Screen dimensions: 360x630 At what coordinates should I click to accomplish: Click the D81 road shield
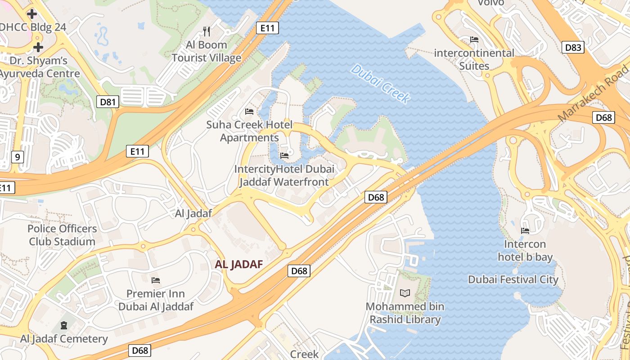click(108, 102)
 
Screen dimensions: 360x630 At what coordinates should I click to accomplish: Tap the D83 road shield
click(573, 47)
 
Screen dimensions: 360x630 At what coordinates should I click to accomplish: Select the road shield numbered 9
click(17, 157)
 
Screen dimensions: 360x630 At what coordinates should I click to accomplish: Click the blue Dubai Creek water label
click(380, 84)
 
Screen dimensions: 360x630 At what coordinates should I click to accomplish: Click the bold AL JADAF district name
click(238, 264)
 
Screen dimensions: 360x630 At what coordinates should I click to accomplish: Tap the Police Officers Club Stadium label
click(62, 235)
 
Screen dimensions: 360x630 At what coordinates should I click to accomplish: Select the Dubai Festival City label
click(513, 279)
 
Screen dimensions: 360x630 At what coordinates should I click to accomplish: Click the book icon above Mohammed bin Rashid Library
click(405, 293)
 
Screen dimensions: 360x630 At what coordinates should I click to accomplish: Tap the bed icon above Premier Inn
click(156, 280)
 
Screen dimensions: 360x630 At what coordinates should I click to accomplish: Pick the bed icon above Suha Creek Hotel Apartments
click(249, 111)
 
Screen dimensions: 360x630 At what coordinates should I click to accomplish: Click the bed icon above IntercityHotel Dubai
click(284, 156)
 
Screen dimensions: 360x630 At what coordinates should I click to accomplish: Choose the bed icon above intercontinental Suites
click(474, 40)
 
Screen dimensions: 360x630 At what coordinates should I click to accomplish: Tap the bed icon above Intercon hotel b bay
click(525, 230)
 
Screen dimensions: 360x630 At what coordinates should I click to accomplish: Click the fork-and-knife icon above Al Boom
click(207, 31)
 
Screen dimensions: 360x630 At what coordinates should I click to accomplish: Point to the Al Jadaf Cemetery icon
click(64, 325)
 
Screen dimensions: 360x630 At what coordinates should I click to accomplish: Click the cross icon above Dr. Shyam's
click(38, 47)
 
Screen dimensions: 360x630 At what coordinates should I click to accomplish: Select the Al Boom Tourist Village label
click(207, 51)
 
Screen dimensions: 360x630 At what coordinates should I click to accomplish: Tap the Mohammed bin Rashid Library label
click(405, 313)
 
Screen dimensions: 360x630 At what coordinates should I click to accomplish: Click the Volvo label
click(490, 3)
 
